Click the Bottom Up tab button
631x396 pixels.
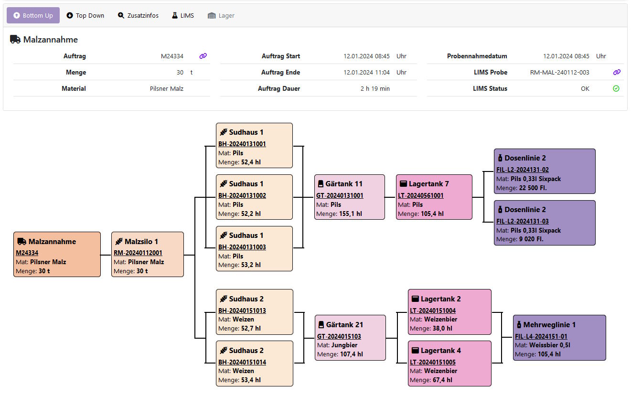[33, 15]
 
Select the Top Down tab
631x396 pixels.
[86, 15]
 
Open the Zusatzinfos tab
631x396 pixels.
[138, 15]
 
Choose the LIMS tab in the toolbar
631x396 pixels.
[183, 15]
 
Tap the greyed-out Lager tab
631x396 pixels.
[221, 15]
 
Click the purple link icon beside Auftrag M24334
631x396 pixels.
[203, 56]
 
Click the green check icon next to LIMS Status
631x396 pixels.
[616, 88]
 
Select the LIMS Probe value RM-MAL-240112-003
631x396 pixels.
[559, 73]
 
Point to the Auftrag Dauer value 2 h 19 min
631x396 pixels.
[375, 88]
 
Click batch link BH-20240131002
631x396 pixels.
[242, 195]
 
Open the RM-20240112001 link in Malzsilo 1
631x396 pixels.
[138, 253]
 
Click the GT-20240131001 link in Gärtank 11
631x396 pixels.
[340, 195]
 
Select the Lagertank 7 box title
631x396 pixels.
[428, 184]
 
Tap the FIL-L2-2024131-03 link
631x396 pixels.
[522, 221]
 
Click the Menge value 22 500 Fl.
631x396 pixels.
[533, 188]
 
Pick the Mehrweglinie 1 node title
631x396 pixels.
[549, 325]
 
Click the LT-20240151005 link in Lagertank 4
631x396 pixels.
[433, 362]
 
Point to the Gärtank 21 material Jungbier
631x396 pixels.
[344, 345]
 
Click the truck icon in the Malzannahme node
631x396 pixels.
[21, 241]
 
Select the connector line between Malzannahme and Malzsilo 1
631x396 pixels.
[106, 255]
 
